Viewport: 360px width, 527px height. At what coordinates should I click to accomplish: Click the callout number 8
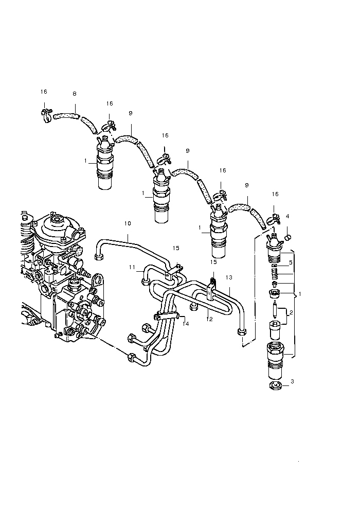pos(75,94)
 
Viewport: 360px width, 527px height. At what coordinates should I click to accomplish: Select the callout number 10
pos(128,223)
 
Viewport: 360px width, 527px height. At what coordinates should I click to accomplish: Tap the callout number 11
pos(132,267)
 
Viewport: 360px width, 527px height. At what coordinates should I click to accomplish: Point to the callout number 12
pos(210,319)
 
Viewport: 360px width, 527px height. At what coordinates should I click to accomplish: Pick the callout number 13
pos(229,277)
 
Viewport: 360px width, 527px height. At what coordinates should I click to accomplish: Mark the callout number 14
pos(186,324)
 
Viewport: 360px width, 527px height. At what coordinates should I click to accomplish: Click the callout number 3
pos(292,381)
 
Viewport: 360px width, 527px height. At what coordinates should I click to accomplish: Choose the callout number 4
pos(287,217)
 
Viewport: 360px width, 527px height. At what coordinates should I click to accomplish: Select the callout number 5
pos(290,262)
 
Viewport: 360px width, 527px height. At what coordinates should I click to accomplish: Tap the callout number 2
pos(291,312)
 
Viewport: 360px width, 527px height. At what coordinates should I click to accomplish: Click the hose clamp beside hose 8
pos(46,112)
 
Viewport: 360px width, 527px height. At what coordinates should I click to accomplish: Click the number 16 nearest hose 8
pos(44,92)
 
